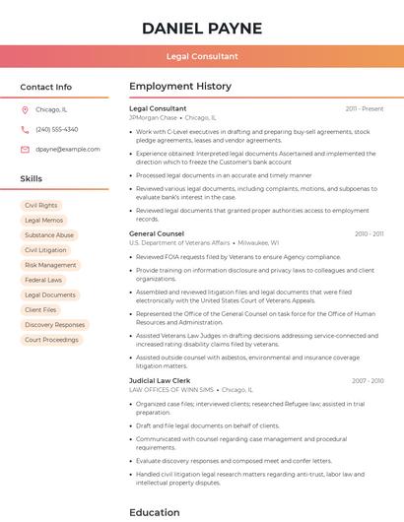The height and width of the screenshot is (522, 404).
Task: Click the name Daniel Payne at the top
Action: tap(202, 29)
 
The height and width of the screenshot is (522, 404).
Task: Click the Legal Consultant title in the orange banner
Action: tap(202, 57)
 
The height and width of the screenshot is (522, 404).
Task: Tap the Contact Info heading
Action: tap(45, 87)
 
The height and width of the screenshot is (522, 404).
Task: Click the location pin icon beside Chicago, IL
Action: tap(25, 110)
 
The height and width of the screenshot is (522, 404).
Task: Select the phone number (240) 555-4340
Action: tap(56, 129)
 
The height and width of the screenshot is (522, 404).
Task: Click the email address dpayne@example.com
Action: tap(67, 149)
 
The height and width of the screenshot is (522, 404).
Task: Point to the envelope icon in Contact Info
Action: tap(25, 149)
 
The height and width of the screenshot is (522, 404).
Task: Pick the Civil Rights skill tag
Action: tap(40, 206)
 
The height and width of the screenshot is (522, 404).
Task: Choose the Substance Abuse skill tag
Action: tap(49, 235)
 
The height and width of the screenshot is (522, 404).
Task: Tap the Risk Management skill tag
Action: tap(50, 265)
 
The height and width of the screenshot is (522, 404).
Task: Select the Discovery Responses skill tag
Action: tap(54, 325)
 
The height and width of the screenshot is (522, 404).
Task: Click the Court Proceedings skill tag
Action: tap(51, 340)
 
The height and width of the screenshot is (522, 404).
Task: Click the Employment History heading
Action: tap(180, 87)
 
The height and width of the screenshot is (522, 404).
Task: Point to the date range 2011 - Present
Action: tap(365, 108)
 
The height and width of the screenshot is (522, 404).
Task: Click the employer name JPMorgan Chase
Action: tap(153, 117)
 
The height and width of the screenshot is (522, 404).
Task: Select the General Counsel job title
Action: tap(157, 233)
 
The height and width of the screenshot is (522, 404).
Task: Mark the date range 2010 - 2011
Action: tap(369, 233)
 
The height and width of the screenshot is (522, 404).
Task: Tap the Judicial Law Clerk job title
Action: tap(160, 380)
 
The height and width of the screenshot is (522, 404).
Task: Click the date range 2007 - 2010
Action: tap(368, 380)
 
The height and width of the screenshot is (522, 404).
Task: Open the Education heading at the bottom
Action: tap(155, 512)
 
